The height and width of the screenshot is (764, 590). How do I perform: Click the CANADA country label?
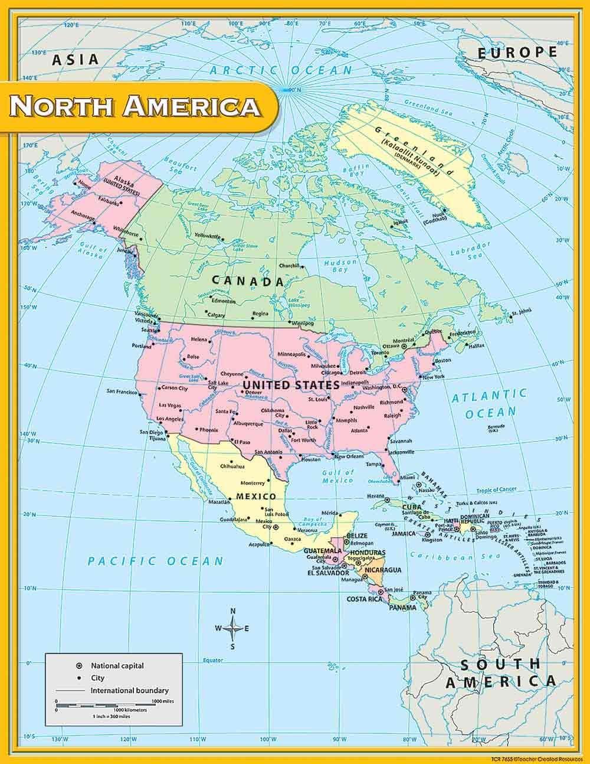(x=248, y=281)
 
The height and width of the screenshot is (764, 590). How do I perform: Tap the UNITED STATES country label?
(x=291, y=385)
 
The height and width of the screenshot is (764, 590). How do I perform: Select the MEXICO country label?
(x=256, y=496)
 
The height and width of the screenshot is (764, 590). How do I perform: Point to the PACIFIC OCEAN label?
(x=156, y=561)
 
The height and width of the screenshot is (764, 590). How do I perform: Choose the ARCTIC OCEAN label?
(x=281, y=70)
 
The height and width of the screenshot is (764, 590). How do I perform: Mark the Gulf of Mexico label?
(x=338, y=476)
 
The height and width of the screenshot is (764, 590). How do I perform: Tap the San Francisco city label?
(x=122, y=391)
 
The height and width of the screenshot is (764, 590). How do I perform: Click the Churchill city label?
(x=290, y=265)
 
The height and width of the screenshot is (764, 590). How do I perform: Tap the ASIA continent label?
(x=74, y=59)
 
